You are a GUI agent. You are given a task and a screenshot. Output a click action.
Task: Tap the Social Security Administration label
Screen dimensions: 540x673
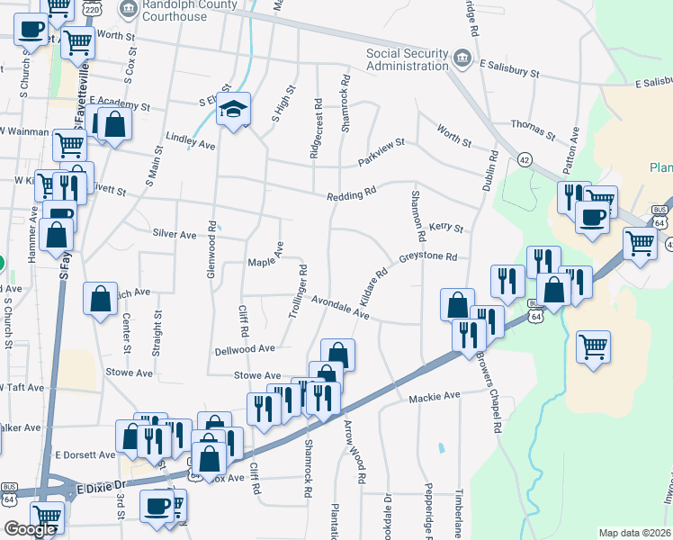407,58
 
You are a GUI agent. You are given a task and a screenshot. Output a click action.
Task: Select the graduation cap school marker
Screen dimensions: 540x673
234,110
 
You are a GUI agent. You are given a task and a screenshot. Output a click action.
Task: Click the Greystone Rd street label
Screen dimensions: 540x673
428,256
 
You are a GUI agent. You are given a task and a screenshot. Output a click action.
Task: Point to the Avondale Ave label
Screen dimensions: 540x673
341,308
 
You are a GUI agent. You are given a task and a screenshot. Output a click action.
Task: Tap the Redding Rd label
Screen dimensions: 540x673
351,194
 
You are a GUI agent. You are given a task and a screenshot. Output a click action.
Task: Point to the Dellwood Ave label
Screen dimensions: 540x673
244,348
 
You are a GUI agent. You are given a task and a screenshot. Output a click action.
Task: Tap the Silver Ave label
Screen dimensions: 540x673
174,234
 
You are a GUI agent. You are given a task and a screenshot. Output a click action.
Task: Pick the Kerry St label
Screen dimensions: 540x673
445,228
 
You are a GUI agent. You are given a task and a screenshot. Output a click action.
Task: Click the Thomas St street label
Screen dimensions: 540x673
527,125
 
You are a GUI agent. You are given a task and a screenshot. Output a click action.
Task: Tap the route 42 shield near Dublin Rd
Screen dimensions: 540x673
525,159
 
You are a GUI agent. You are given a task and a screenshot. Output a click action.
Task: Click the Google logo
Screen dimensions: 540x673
31,529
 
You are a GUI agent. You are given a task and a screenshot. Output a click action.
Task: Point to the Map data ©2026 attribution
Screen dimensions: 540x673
634,533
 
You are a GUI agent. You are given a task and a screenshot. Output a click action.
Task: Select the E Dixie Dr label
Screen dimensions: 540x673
103,487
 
